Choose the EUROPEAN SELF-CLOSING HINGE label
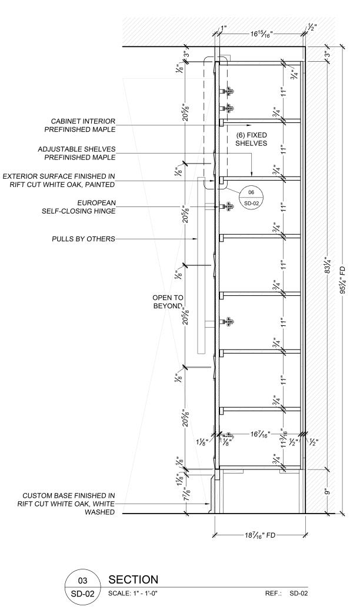tap(82, 207)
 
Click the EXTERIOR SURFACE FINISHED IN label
tap(58, 180)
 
